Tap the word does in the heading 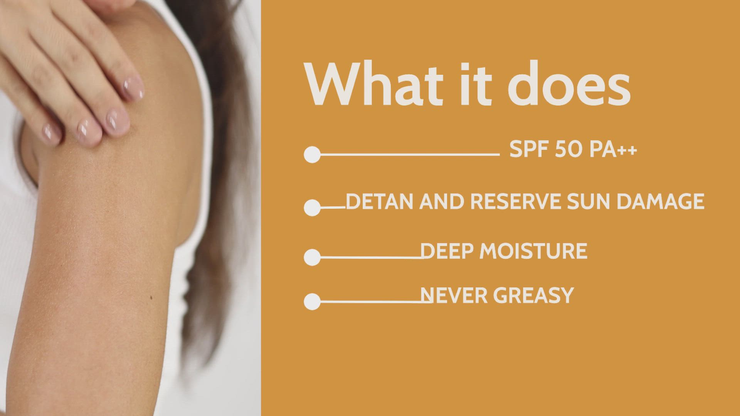pos(569,84)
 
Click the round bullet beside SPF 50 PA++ pos(312,155)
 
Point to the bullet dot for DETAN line pos(312,208)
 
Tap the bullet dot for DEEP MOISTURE pos(312,257)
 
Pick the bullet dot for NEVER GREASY pos(312,302)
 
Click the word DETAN pos(380,201)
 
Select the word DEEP pos(447,251)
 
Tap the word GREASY pos(533,295)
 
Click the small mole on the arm pos(151,298)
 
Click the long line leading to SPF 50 pos(410,154)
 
